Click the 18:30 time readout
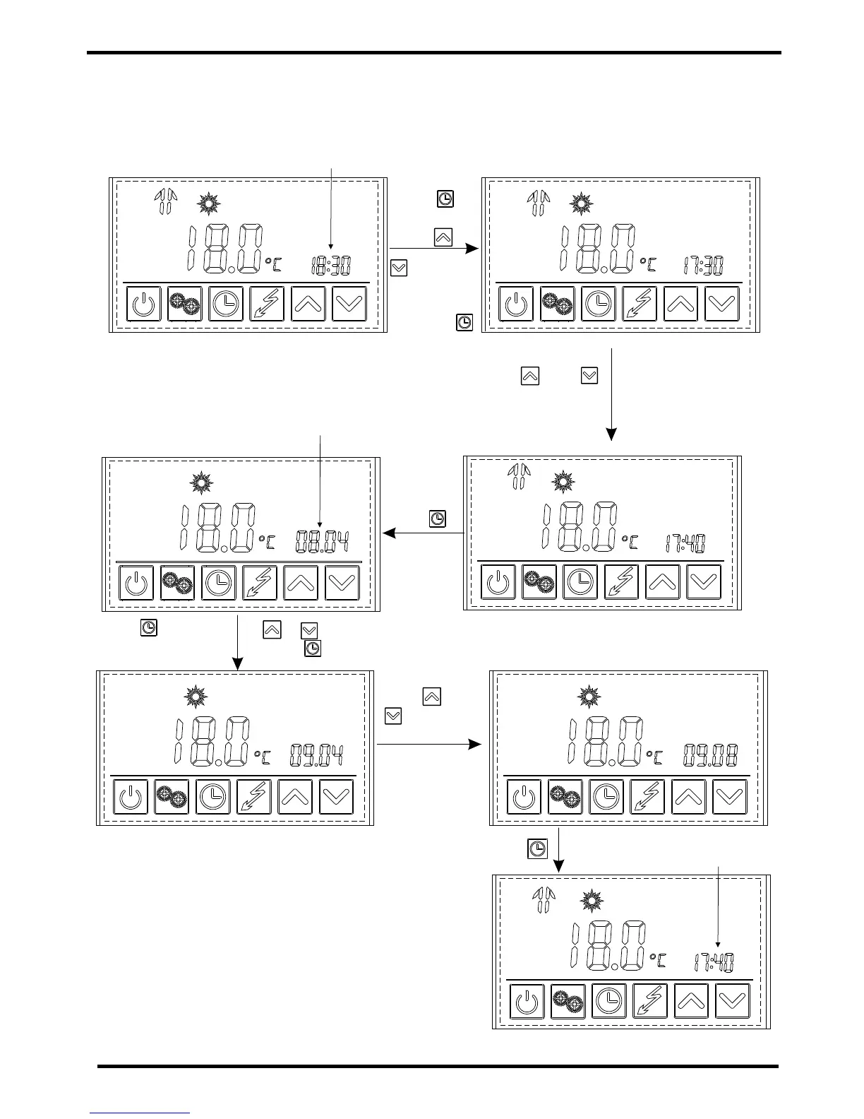pyautogui.click(x=331, y=266)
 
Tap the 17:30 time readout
pyautogui.click(x=702, y=266)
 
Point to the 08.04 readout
pyautogui.click(x=321, y=543)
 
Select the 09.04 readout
pyautogui.click(x=316, y=757)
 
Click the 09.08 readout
pyautogui.click(x=710, y=756)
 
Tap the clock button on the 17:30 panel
pyautogui.click(x=599, y=304)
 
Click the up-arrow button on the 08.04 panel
pyautogui.click(x=301, y=583)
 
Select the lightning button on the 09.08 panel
pyautogui.click(x=647, y=797)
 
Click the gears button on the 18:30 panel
pyautogui.click(x=184, y=304)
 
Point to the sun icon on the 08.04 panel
pyautogui.click(x=202, y=482)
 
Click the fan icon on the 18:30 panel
pyautogui.click(x=165, y=202)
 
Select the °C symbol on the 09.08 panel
pyautogui.click(x=655, y=758)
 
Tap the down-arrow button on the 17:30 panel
pyautogui.click(x=722, y=304)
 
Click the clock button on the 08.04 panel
pyautogui.click(x=219, y=583)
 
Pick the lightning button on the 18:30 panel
pyautogui.click(x=267, y=304)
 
